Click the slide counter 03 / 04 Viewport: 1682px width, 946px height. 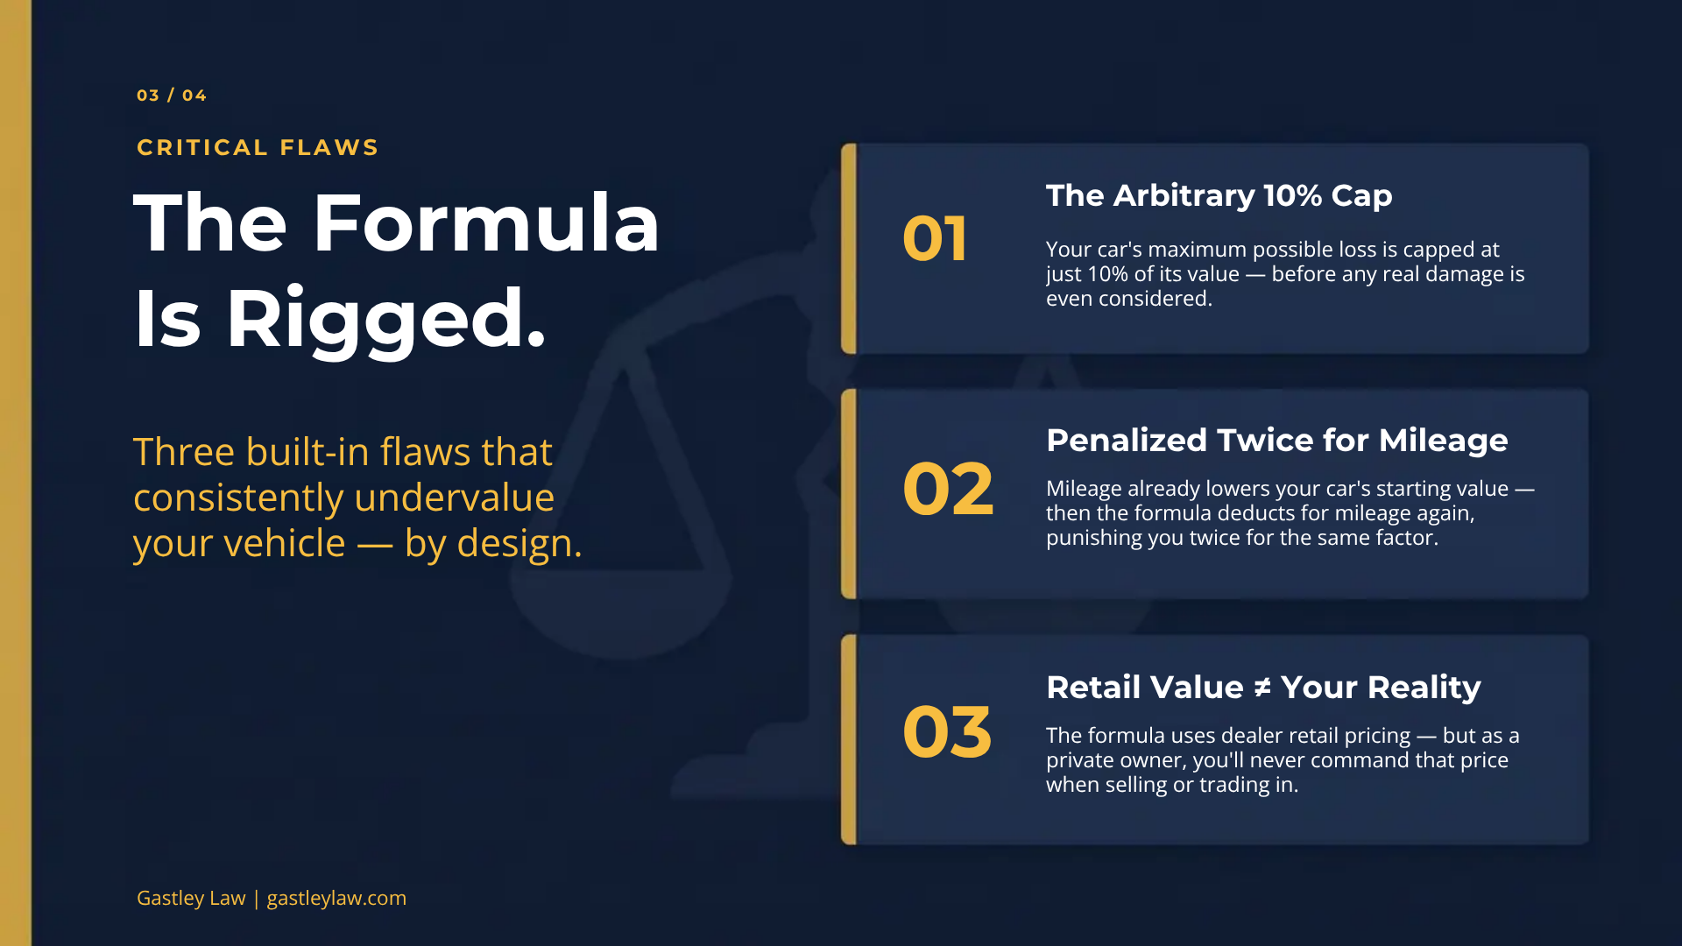pyautogui.click(x=172, y=95)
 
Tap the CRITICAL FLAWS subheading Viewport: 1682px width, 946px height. pyautogui.click(x=258, y=147)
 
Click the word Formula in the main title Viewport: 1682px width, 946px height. pyautogui.click(x=485, y=223)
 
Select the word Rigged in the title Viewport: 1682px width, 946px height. pyautogui.click(x=385, y=319)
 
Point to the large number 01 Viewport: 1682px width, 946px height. pyautogui.click(x=935, y=239)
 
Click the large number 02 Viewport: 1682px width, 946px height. pyautogui.click(x=948, y=489)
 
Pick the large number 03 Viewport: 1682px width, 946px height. pyautogui.click(x=947, y=732)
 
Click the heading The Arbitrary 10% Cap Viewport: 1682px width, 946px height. pyautogui.click(x=1219, y=195)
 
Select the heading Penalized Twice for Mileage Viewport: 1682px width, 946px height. pyautogui.click(x=1276, y=440)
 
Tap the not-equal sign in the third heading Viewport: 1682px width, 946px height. pyautogui.click(x=1261, y=688)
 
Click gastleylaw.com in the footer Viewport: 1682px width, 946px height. pyautogui.click(x=336, y=898)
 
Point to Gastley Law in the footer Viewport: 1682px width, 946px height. pyautogui.click(x=191, y=898)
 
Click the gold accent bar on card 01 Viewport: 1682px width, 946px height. pyautogui.click(x=848, y=249)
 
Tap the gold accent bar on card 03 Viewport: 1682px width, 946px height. pyautogui.click(x=848, y=739)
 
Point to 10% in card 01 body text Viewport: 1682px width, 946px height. pyautogui.click(x=1107, y=274)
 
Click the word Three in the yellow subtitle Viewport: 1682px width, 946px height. pyautogui.click(x=184, y=452)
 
